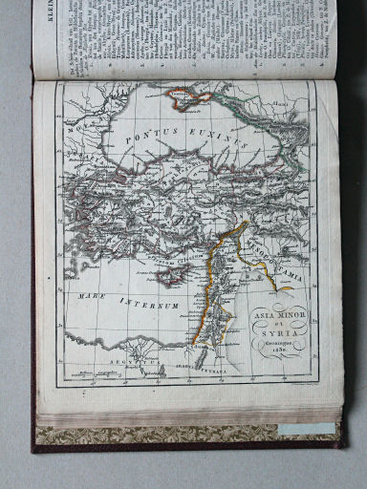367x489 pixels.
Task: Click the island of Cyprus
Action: [172, 276]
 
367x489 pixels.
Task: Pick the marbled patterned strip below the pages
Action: [182, 436]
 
